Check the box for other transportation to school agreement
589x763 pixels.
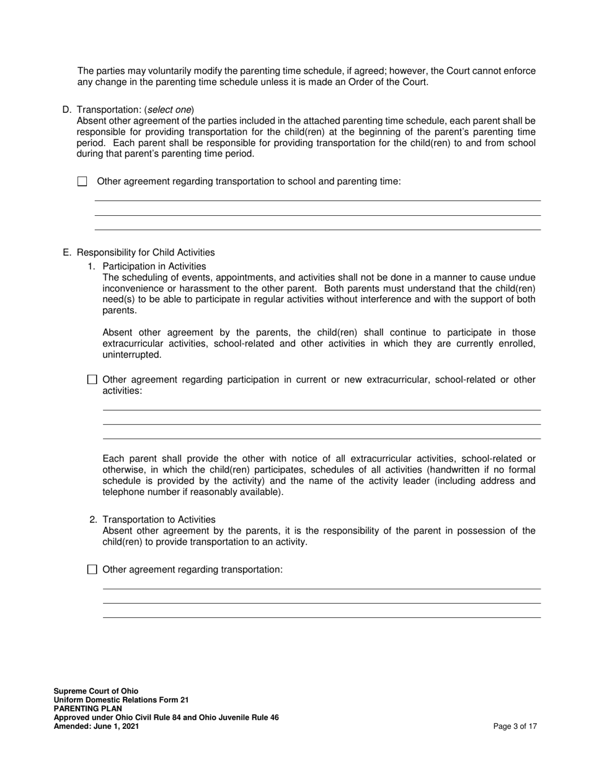(x=82, y=182)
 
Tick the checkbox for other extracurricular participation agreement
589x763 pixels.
(x=92, y=380)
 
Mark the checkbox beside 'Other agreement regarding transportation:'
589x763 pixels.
(x=92, y=569)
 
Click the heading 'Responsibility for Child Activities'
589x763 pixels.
(x=146, y=252)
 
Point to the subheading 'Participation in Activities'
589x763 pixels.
(x=154, y=267)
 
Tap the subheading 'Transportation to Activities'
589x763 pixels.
(x=159, y=520)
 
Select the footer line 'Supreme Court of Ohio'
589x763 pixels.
(x=96, y=691)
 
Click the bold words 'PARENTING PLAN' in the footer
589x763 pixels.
(x=87, y=708)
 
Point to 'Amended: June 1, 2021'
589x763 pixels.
(x=96, y=726)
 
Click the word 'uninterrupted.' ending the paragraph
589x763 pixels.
(x=131, y=355)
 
